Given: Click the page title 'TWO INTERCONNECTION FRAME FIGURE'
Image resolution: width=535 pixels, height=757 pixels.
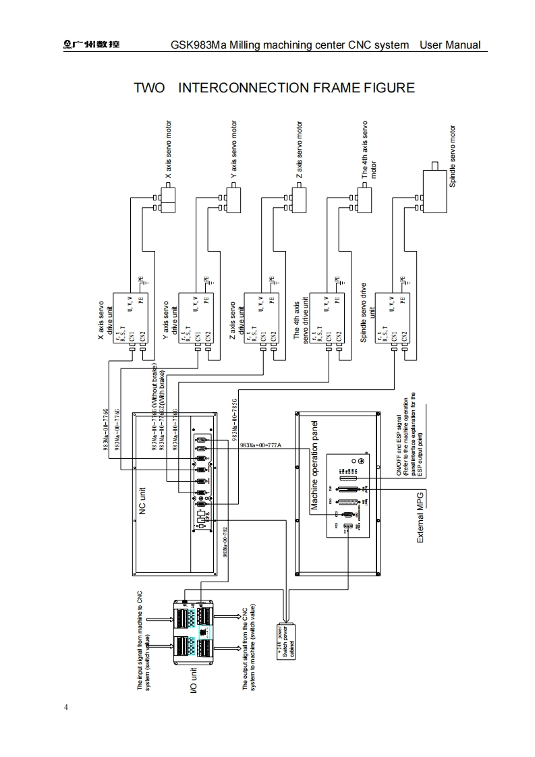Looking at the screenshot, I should (274, 88).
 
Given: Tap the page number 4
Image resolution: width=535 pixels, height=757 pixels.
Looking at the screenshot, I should (65, 707).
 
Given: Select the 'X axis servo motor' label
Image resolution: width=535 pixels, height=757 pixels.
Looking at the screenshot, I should (169, 150).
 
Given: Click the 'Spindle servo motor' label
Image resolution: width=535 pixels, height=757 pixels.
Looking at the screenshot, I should (453, 157).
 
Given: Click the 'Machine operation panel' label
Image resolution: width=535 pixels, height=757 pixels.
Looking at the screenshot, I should (314, 466).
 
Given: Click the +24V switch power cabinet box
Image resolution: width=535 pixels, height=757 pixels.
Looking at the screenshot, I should (287, 640).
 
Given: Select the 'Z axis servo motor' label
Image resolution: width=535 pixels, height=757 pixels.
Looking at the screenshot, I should (299, 150).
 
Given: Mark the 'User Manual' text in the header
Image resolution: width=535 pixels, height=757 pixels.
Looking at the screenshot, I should (450, 45).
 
